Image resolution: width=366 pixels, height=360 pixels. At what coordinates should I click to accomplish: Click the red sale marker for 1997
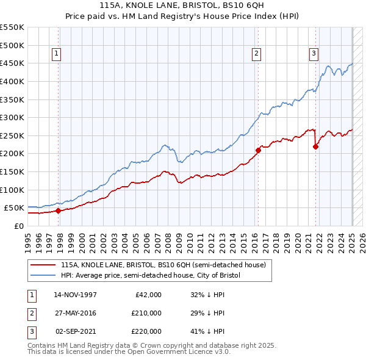(x=58, y=211)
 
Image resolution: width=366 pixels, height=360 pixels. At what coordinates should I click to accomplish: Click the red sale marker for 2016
(x=258, y=149)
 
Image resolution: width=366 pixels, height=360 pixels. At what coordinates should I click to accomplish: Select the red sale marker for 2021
(x=315, y=146)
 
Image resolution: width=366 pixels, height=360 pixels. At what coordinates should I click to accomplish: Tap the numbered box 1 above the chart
(x=56, y=54)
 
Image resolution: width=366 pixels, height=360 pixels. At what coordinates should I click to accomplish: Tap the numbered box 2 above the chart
(x=256, y=54)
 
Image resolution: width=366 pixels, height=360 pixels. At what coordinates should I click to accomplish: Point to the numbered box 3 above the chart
(x=314, y=54)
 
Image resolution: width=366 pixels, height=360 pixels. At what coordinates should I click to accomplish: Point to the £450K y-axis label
(x=12, y=63)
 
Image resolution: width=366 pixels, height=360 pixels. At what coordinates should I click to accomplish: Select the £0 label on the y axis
(x=18, y=226)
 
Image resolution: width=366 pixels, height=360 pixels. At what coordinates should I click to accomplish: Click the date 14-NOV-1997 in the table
(x=76, y=295)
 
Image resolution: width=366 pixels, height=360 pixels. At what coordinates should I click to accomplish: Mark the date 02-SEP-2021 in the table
(x=76, y=331)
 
